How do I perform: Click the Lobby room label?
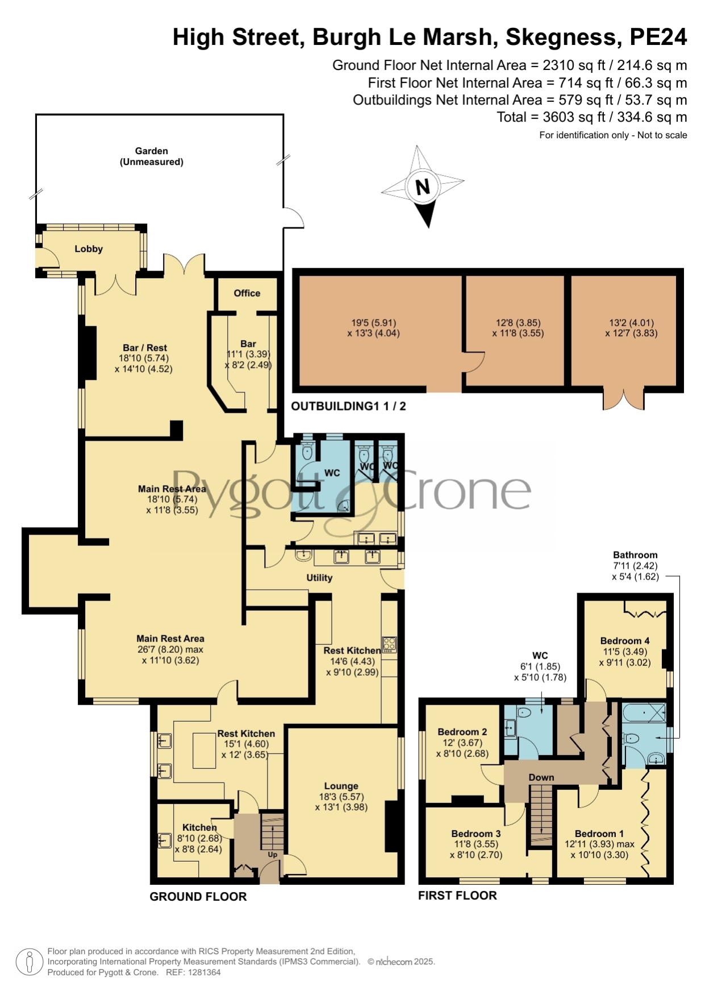(x=89, y=249)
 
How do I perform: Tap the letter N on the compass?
(x=423, y=187)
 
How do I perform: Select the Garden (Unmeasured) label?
(x=152, y=156)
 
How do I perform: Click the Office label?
(x=247, y=293)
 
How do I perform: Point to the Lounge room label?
(x=341, y=786)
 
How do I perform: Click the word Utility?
(x=319, y=578)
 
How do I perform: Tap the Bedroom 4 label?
(x=625, y=641)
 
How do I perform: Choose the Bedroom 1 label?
(x=599, y=834)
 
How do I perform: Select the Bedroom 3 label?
(x=476, y=833)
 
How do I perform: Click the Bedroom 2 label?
(x=462, y=732)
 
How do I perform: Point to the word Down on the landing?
(x=541, y=777)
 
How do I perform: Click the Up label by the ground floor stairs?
(x=273, y=855)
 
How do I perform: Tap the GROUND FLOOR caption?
(x=198, y=897)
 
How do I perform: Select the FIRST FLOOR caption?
(x=457, y=896)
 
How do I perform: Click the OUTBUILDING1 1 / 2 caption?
(x=348, y=406)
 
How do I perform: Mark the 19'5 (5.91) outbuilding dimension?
(x=374, y=322)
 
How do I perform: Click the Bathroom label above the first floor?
(x=635, y=555)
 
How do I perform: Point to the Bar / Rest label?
(x=145, y=348)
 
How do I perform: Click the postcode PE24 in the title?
(x=658, y=38)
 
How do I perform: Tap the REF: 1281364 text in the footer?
(x=193, y=972)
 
